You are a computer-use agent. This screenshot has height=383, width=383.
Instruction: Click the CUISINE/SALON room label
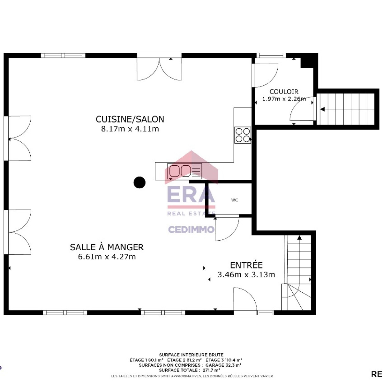130,119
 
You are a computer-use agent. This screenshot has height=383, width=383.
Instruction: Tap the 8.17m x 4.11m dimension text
130,129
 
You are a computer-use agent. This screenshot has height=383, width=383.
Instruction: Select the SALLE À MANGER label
107,247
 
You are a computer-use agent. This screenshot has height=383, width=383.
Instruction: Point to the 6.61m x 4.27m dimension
107,257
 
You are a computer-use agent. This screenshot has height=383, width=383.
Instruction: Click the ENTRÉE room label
246,265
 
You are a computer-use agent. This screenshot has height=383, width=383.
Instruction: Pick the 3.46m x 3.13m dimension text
246,275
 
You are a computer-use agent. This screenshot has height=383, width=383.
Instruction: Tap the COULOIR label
284,92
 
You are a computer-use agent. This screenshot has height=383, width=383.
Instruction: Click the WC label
235,200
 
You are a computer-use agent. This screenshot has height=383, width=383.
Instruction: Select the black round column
139,182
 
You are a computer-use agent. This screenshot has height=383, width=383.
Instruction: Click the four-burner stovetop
243,135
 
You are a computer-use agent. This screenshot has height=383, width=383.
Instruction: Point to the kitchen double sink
185,171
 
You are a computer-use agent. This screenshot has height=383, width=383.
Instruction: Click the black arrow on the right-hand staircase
322,109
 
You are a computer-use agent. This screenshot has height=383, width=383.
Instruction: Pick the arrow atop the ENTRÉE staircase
299,237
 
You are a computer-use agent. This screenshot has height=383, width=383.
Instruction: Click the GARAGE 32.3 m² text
223,365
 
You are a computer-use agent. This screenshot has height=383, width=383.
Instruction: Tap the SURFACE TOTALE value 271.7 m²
211,370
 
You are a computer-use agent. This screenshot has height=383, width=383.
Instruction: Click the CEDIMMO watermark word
191,229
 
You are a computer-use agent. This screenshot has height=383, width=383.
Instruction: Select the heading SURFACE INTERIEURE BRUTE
191,355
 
